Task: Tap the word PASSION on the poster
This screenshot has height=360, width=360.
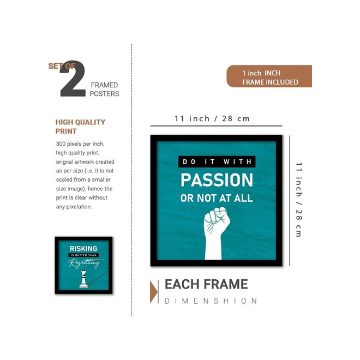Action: pyautogui.click(x=217, y=180)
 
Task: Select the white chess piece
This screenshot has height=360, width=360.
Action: pyautogui.click(x=83, y=279)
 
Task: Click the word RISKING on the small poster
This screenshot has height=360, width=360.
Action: pyautogui.click(x=83, y=248)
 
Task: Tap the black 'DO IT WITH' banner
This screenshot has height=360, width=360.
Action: pyautogui.click(x=217, y=161)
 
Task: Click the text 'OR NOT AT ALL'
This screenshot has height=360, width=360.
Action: pyautogui.click(x=217, y=198)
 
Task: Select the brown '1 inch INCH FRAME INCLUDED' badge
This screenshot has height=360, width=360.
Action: pyautogui.click(x=269, y=76)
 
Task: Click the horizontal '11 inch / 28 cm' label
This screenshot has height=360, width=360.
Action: pyautogui.click(x=212, y=119)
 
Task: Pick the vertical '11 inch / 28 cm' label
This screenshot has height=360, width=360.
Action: pyautogui.click(x=298, y=200)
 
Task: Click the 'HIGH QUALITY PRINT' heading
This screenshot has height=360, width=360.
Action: pyautogui.click(x=80, y=127)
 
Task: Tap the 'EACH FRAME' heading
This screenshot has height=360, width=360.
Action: pyautogui.click(x=206, y=284)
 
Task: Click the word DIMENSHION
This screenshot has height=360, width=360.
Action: pyautogui.click(x=211, y=301)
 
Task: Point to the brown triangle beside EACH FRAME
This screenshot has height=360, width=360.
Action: pyautogui.click(x=153, y=292)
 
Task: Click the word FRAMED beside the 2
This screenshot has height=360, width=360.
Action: pyautogui.click(x=104, y=85)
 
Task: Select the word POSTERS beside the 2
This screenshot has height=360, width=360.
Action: pyautogui.click(x=104, y=94)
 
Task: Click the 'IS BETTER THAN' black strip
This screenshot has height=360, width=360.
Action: pyautogui.click(x=83, y=255)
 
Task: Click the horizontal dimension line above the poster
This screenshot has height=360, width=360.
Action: pyautogui.click(x=217, y=126)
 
